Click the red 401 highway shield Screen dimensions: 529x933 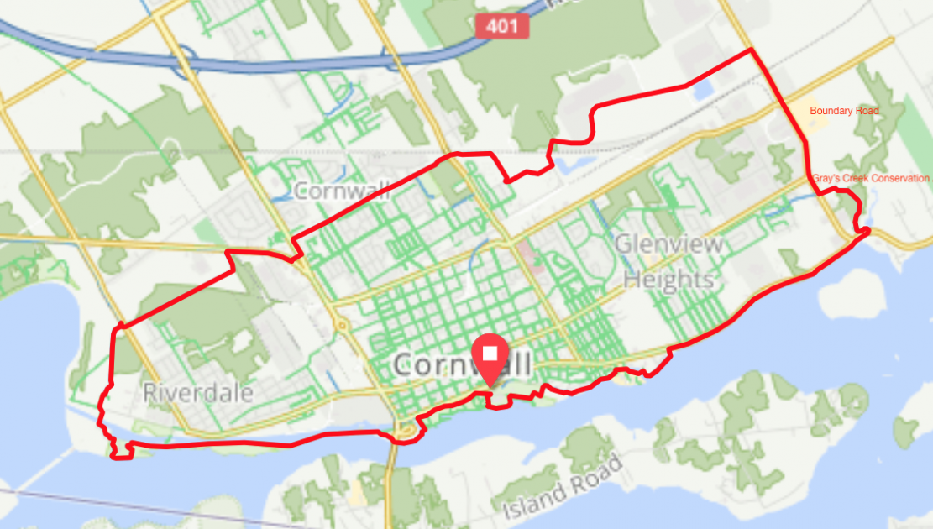click(503, 25)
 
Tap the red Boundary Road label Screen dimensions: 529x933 click(843, 111)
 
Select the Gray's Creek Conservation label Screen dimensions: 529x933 click(870, 179)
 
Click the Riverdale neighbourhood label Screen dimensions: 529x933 click(197, 392)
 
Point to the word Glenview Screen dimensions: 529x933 click(669, 245)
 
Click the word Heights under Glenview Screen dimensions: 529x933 click(668, 279)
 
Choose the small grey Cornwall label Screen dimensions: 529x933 click(343, 191)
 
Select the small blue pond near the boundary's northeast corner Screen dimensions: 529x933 click(702, 90)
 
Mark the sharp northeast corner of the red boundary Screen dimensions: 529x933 click(751, 50)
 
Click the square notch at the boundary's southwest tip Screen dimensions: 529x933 click(123, 452)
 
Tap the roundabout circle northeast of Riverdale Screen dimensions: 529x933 click(342, 324)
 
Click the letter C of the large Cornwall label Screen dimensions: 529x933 click(405, 365)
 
